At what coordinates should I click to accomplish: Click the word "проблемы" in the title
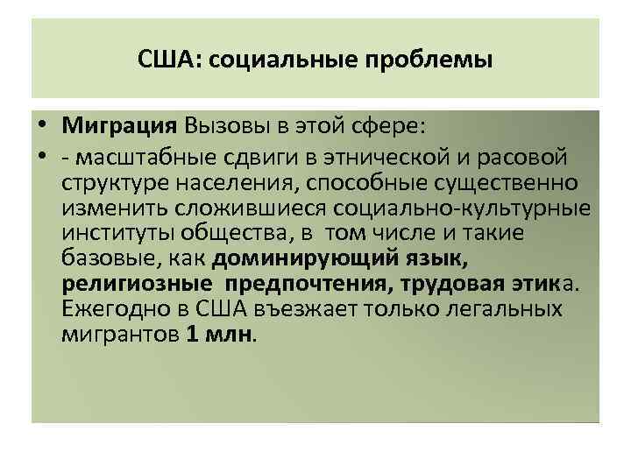pyautogui.click(x=437, y=61)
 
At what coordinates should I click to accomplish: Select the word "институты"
pyautogui.click(x=116, y=233)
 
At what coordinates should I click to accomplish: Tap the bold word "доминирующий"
pyautogui.click(x=300, y=258)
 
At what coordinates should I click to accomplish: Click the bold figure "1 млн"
pyautogui.click(x=218, y=335)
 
